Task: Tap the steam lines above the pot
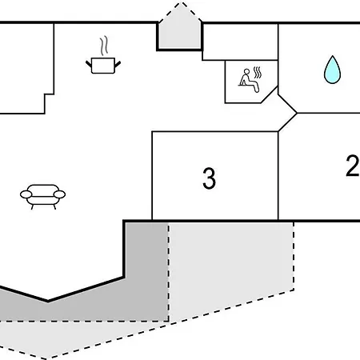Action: click(104, 46)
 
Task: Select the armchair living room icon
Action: click(42, 197)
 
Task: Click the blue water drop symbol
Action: click(332, 70)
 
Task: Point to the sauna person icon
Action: click(250, 80)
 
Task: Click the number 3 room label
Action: click(209, 178)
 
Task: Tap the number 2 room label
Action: click(353, 166)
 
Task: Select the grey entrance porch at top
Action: click(180, 36)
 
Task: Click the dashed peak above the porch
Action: click(180, 12)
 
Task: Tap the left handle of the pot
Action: click(89, 64)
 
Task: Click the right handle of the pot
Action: click(118, 64)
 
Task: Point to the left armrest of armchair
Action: click(26, 194)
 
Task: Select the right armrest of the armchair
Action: click(59, 194)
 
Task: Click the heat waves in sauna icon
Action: click(258, 72)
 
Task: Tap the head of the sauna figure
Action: click(246, 72)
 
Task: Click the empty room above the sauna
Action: click(240, 42)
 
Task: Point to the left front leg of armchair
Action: click(33, 207)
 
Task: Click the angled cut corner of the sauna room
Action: click(270, 94)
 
